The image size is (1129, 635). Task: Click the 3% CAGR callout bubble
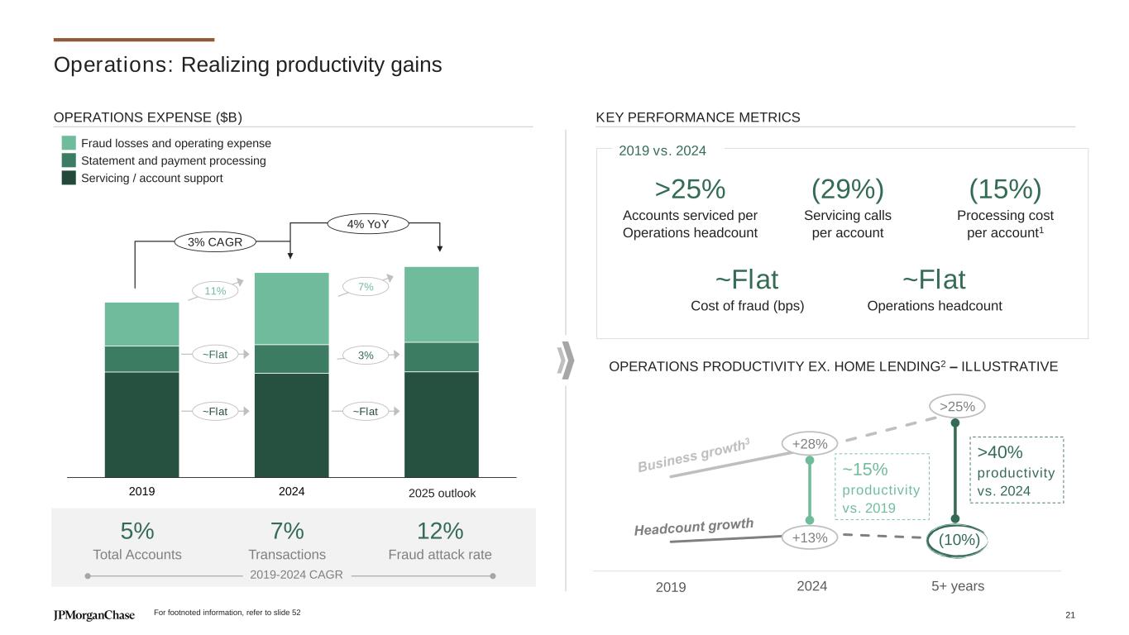pos(215,242)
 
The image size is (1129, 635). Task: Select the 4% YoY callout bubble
pos(368,223)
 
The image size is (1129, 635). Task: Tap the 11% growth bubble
pos(215,291)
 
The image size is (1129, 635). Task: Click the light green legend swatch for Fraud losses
pos(69,143)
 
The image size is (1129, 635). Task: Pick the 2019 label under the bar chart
pos(142,491)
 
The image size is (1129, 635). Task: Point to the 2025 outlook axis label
pos(443,493)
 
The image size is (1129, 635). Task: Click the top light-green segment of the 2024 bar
pos(291,308)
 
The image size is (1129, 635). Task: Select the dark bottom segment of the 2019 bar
pos(142,424)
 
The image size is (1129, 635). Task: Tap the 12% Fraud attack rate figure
pos(440,531)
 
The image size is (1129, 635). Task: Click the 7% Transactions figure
pos(287,531)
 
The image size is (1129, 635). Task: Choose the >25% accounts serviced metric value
pos(690,189)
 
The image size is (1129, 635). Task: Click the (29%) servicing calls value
pos(848,189)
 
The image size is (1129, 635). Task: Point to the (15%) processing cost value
pos(1005,189)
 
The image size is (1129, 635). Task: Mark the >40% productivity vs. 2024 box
pos(1016,470)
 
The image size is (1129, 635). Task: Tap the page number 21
pos(1070,614)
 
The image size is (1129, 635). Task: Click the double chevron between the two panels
pos(566,360)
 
